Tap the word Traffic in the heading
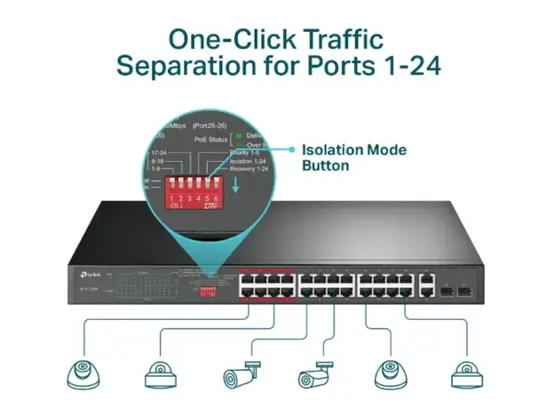click(341, 39)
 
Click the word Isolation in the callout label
click(334, 150)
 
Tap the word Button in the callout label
click(326, 165)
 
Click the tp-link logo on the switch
click(83, 275)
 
